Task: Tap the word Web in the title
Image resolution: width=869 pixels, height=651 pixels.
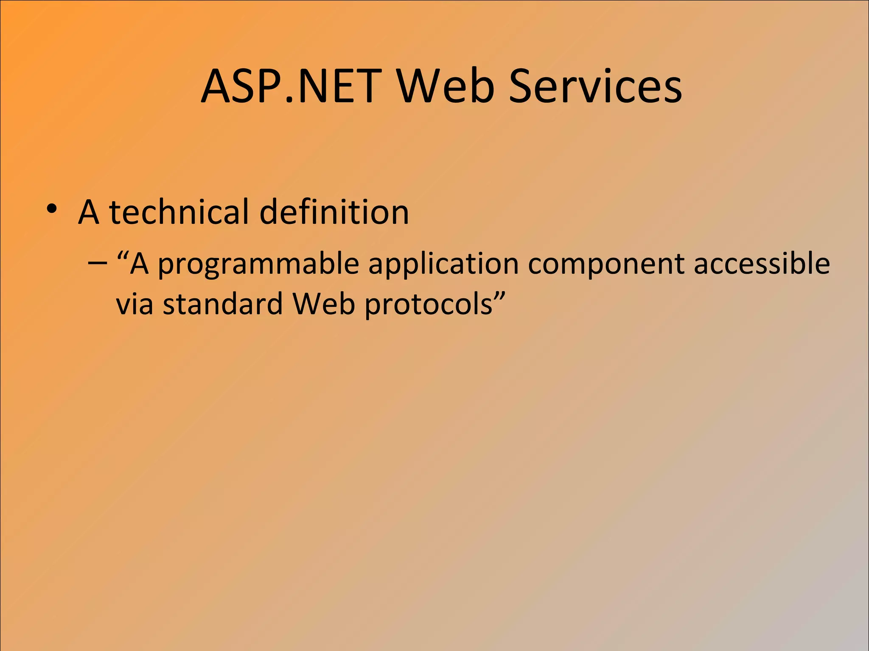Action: [x=446, y=86]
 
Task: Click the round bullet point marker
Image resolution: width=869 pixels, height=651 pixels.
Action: [x=52, y=209]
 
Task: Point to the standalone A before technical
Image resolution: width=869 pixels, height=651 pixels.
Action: [x=89, y=212]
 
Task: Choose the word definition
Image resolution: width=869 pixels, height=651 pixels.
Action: [x=334, y=212]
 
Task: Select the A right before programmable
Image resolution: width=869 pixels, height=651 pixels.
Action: [x=139, y=264]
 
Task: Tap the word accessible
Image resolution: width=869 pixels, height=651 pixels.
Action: [x=762, y=264]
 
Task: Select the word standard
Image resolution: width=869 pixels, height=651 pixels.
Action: [x=223, y=304]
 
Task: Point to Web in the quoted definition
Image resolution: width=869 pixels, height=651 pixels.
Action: [x=323, y=304]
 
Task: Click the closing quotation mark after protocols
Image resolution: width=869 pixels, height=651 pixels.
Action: [x=500, y=295]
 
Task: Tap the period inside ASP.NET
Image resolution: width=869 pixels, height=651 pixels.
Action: [x=289, y=101]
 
